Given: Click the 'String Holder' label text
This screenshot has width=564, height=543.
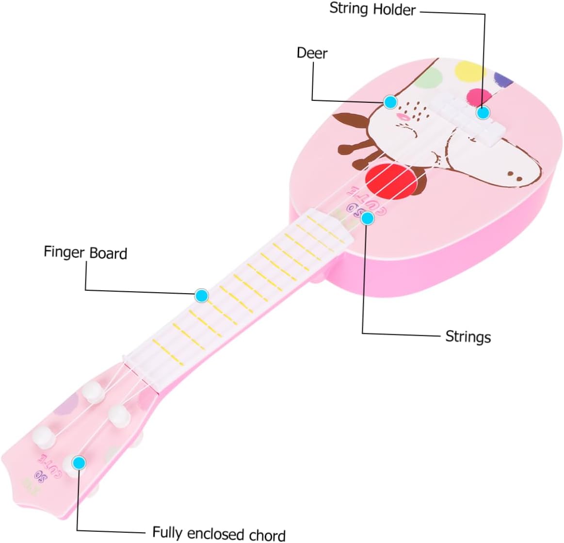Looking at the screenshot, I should (x=372, y=9).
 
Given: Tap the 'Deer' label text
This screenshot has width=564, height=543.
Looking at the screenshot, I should (x=312, y=53).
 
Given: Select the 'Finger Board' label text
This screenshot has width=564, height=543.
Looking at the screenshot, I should (x=85, y=252).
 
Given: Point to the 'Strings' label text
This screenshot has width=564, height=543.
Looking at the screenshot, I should (x=468, y=337).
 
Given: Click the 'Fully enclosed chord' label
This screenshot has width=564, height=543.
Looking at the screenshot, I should (x=219, y=533).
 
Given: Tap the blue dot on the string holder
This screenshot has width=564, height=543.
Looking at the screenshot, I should (x=482, y=113).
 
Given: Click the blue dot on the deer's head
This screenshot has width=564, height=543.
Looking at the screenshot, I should (x=390, y=101).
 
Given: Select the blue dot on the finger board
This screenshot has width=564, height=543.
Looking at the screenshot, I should (x=202, y=295).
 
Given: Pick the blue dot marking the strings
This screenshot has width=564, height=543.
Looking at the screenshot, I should (x=368, y=218).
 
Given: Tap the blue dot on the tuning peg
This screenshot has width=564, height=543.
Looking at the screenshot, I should (x=79, y=463).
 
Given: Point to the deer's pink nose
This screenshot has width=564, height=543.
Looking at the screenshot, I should (x=403, y=117).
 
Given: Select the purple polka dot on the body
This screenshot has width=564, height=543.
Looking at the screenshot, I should (x=503, y=79).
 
